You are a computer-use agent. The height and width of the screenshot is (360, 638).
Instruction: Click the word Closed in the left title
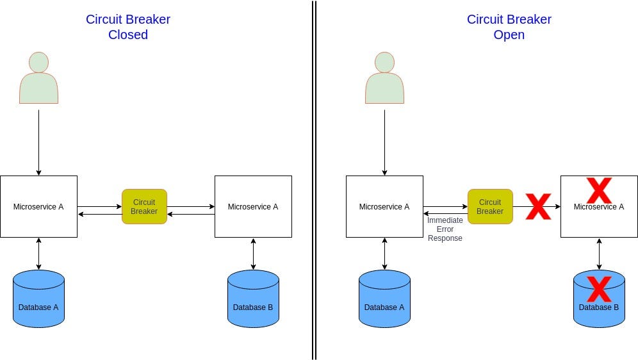(128, 35)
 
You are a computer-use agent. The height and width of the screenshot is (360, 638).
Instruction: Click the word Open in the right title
(509, 35)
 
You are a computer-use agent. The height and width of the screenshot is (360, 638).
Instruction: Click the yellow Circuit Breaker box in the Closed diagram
(144, 206)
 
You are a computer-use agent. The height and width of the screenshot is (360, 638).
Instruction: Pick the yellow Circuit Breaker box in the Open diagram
(490, 206)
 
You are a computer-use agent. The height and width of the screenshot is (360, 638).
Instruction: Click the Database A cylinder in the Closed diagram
(38, 299)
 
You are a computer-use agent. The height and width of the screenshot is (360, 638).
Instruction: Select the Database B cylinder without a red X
(253, 299)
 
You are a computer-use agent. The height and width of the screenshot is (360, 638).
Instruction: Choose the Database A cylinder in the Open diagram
(384, 299)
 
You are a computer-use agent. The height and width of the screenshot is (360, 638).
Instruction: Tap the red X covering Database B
(599, 289)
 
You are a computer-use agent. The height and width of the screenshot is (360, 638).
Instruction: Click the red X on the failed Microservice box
(599, 190)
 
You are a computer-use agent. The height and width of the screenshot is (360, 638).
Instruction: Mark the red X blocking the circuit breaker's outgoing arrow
(538, 206)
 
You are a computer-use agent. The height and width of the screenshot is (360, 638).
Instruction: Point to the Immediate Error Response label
(445, 229)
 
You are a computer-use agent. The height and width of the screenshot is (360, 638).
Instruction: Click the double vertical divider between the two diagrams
(314, 180)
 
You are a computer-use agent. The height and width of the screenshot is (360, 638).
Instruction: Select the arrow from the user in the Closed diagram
(38, 142)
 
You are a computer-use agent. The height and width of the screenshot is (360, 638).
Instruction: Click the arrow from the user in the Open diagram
(384, 142)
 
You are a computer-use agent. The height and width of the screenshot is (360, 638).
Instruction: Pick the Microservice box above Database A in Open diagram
(384, 206)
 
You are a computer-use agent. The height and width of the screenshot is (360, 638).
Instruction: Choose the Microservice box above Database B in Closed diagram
(253, 206)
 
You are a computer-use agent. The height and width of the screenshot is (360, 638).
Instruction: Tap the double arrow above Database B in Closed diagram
(253, 254)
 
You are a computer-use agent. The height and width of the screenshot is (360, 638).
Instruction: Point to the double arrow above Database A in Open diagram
(384, 254)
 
